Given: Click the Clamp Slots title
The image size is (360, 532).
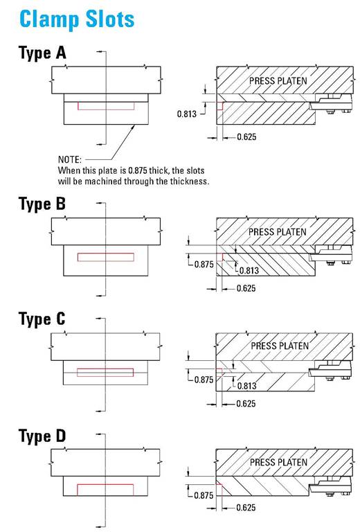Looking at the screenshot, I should tap(77, 18).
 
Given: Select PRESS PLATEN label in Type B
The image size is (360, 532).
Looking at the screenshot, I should tap(278, 231).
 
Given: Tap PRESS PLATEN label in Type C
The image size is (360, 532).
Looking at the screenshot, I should tap(278, 346).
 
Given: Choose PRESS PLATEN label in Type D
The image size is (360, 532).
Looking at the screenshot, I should tap(278, 462).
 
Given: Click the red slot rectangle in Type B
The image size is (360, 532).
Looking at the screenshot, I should tap(106, 257).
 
